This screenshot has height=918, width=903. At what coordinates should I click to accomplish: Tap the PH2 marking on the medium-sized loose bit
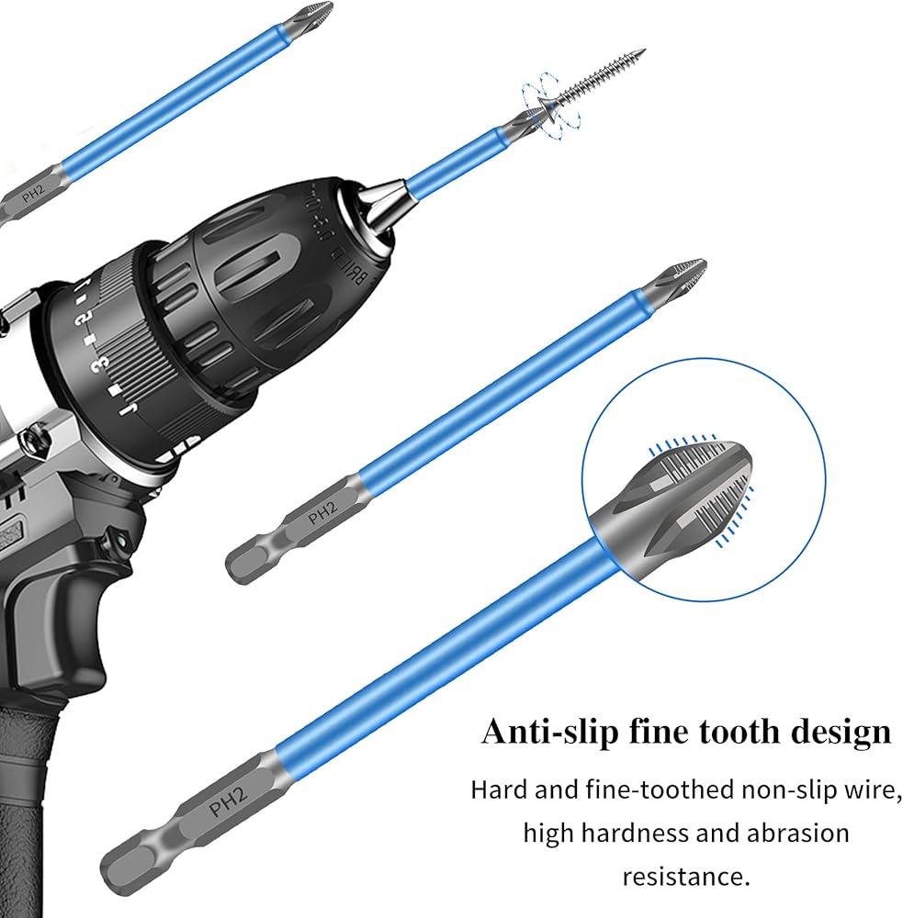[324, 518]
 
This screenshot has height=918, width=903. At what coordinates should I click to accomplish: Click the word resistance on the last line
[683, 875]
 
